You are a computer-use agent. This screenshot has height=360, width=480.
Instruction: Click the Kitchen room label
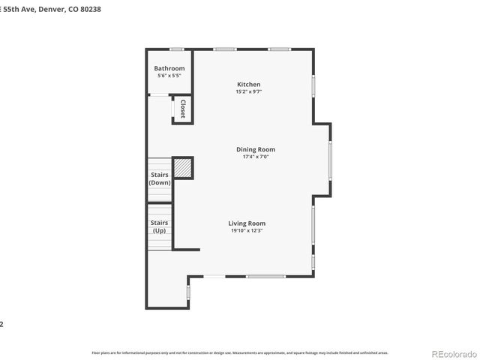[249, 84]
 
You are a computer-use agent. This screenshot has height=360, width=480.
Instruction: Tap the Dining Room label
[255, 149]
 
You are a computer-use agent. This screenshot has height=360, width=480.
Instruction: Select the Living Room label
[247, 223]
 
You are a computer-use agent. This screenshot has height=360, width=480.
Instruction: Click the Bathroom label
[169, 68]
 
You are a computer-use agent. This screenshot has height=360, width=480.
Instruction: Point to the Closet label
[182, 109]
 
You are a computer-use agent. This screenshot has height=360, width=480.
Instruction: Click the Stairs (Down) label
[159, 179]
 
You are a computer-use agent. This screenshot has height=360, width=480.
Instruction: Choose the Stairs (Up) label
[159, 226]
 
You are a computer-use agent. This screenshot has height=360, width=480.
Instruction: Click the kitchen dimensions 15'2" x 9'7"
[249, 91]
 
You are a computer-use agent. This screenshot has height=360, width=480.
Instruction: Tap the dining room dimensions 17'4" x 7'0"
[255, 157]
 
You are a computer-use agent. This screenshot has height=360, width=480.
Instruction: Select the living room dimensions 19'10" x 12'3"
[247, 231]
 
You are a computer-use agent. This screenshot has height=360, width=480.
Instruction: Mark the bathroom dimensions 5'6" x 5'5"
[169, 76]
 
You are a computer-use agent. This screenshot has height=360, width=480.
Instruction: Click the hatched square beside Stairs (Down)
[183, 167]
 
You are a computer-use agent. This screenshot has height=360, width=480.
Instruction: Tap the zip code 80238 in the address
[88, 9]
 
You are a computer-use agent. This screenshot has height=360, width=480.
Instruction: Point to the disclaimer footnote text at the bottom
[240, 352]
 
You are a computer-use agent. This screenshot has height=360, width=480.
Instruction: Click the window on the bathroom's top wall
[176, 49]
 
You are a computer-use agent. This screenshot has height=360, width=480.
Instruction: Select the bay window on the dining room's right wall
[330, 160]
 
